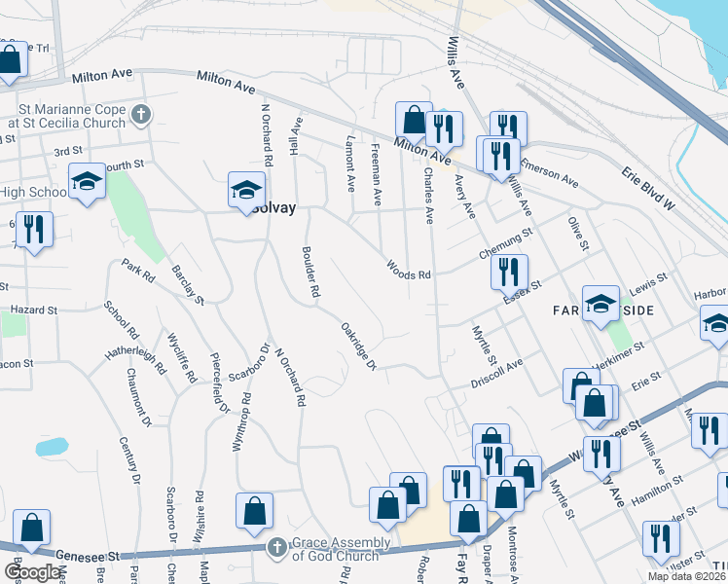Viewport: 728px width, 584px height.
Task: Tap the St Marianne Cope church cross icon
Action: click(141, 115)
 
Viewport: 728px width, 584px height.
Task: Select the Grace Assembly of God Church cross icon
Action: click(276, 548)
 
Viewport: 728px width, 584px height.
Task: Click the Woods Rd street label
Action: click(408, 269)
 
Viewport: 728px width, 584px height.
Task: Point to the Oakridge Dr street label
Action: click(358, 346)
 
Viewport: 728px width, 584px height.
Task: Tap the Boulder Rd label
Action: click(310, 270)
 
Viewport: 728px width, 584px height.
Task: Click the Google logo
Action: click(32, 572)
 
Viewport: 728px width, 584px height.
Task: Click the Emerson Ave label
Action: click(550, 172)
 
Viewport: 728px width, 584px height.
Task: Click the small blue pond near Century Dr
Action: click(52, 447)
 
